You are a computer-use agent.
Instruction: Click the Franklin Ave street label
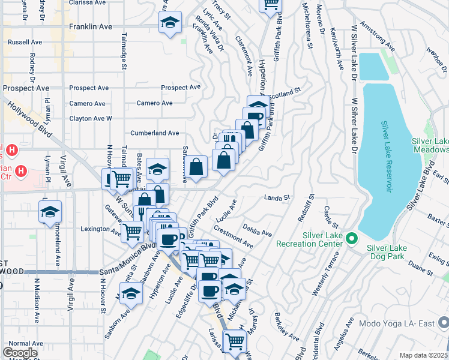[91, 27]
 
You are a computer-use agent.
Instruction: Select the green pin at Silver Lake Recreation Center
[353, 239]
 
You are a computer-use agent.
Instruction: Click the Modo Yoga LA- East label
[396, 323]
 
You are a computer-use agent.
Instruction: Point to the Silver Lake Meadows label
[430, 145]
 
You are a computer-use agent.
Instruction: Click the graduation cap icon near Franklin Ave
[170, 23]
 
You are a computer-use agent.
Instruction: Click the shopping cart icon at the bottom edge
[234, 341]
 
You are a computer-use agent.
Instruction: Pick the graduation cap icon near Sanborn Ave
[130, 293]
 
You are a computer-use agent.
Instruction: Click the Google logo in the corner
[20, 353]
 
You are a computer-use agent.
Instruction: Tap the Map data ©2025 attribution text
[423, 355]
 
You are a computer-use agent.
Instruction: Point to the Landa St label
[277, 197]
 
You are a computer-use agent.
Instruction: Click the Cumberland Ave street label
[155, 133]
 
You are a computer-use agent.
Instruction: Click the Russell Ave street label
[25, 43]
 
